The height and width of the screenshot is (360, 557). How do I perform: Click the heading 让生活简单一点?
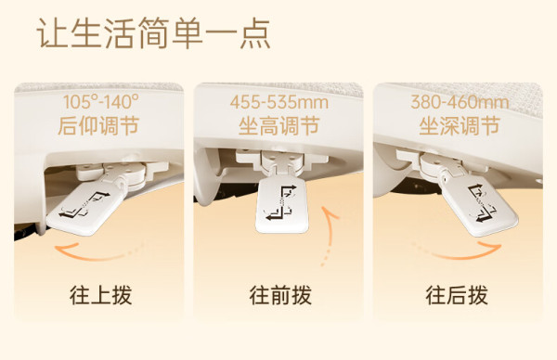click(x=153, y=33)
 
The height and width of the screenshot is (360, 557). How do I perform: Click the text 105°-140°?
click(x=101, y=102)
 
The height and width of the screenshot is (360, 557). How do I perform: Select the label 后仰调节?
click(x=98, y=126)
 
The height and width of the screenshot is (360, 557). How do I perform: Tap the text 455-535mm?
click(x=279, y=102)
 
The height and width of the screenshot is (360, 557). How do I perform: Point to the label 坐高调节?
click(x=278, y=126)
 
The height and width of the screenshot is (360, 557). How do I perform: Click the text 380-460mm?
click(x=460, y=102)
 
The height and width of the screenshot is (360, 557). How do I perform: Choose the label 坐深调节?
click(x=460, y=126)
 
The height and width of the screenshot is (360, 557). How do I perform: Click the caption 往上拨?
click(x=101, y=295)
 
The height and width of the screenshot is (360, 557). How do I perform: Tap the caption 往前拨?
click(x=280, y=295)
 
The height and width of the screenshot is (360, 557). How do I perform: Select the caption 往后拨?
click(x=457, y=295)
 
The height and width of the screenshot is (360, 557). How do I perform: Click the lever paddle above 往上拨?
click(x=85, y=209)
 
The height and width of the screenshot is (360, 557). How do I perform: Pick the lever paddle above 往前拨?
click(x=281, y=205)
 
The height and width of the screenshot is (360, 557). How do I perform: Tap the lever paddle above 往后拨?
click(x=479, y=205)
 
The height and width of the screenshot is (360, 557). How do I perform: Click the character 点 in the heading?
click(x=255, y=33)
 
